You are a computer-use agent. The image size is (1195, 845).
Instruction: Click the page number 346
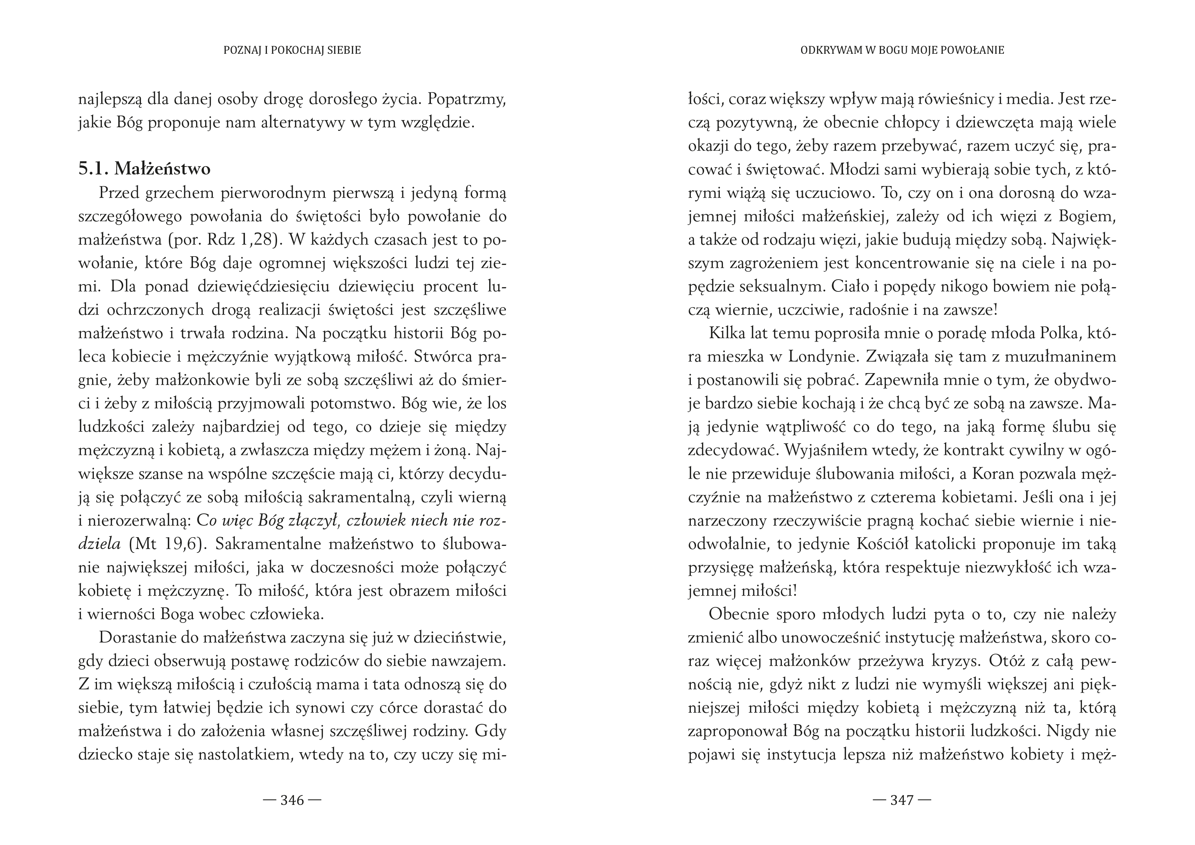pos(292,800)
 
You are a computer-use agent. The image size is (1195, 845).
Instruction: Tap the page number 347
pos(902,800)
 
